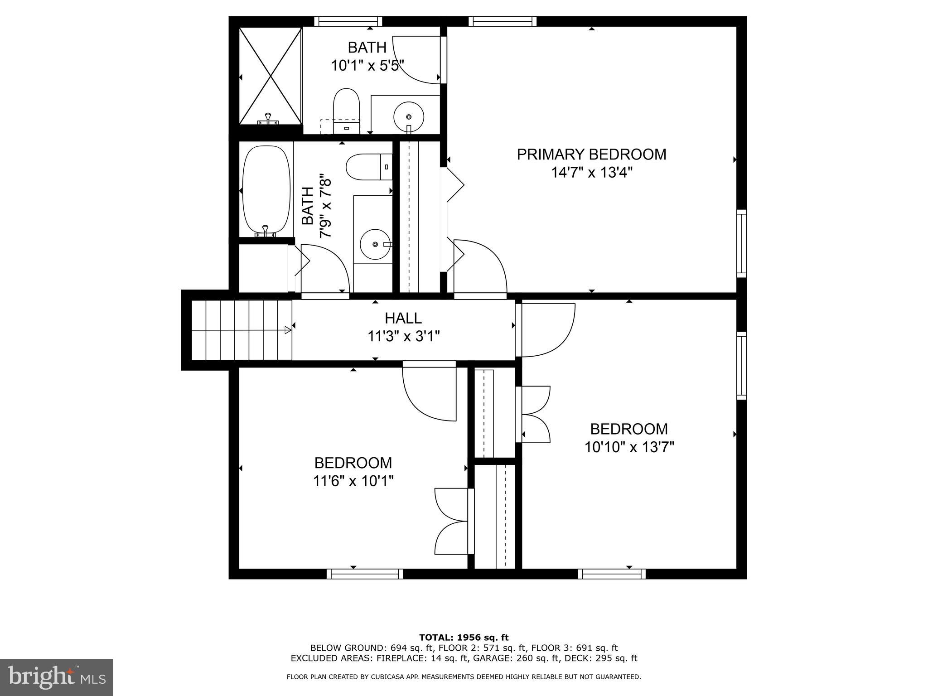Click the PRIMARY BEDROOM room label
tap(591, 155)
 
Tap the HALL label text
tap(403, 318)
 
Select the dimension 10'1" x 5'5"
tap(367, 66)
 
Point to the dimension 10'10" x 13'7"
tap(629, 448)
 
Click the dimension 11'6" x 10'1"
tap(353, 481)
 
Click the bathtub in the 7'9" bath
tap(266, 189)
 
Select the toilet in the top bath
tap(347, 109)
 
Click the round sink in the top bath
tap(409, 116)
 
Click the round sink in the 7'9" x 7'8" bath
tap(375, 244)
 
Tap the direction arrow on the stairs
tap(287, 331)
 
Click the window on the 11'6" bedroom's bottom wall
tap(365, 574)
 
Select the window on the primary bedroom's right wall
tap(741, 243)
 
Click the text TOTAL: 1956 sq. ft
tap(464, 638)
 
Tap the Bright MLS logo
tap(57, 677)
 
